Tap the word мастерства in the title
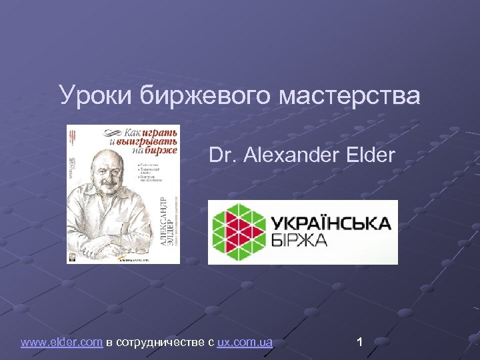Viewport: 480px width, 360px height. click(x=350, y=96)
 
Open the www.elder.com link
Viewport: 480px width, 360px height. click(x=61, y=343)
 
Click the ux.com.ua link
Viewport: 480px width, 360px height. click(x=245, y=343)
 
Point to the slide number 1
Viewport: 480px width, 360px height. click(x=359, y=343)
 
